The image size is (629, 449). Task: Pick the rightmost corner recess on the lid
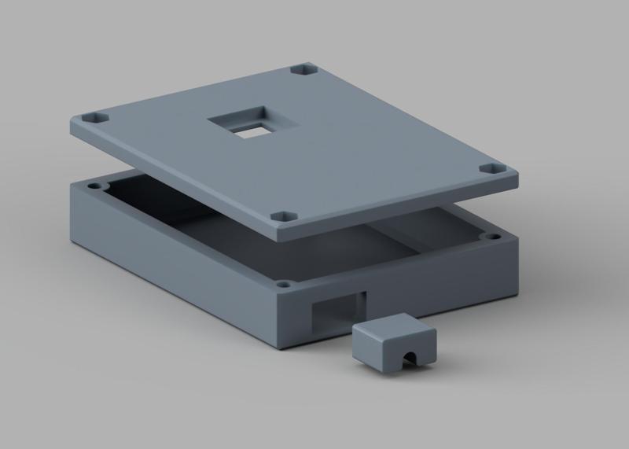pyautogui.click(x=492, y=169)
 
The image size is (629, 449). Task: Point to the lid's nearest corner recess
pyautogui.click(x=283, y=215)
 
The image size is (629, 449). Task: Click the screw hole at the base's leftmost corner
pyautogui.click(x=94, y=187)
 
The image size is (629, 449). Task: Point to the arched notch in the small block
pyautogui.click(x=408, y=360)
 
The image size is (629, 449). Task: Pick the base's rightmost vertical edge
pyautogui.click(x=519, y=267)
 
